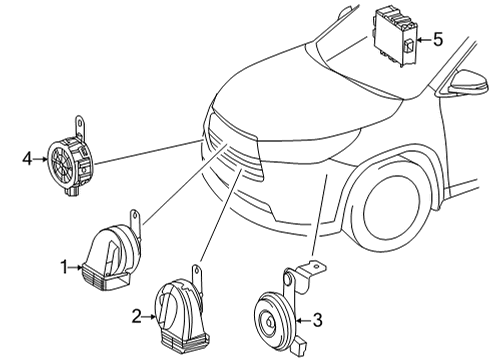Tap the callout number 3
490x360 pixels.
[317, 321]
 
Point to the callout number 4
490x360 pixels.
[27, 157]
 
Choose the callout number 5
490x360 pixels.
[438, 40]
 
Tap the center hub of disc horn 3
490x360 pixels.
[270, 321]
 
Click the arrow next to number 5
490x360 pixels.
[422, 41]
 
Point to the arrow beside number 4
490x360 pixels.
[42, 157]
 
